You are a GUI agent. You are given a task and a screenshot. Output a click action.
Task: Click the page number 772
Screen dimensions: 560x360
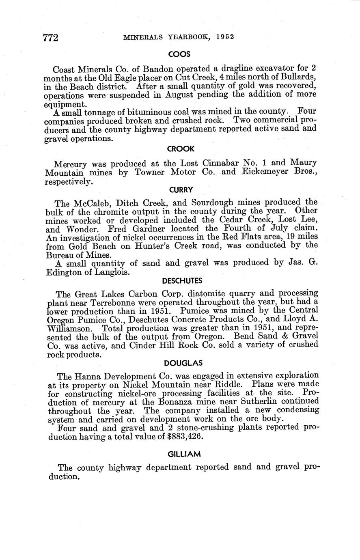51,37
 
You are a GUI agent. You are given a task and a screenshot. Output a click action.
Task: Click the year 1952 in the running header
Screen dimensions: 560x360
225,37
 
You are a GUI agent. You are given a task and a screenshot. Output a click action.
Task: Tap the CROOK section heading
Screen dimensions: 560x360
181,149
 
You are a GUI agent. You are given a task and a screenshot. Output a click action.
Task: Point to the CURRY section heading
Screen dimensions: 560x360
181,190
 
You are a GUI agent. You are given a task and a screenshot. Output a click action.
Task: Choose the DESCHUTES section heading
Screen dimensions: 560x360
182,281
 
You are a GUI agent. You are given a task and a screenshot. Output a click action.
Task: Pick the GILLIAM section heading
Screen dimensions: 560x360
184,454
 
